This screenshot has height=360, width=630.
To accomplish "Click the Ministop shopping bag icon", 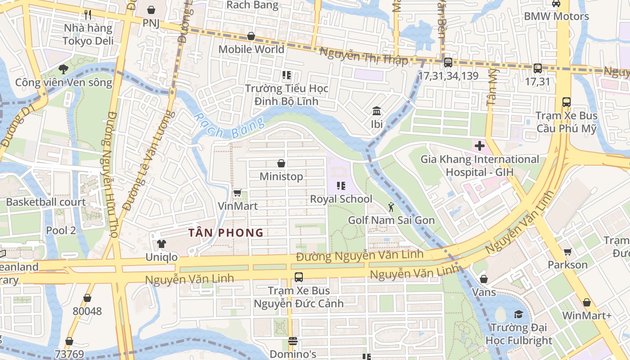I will [281, 163].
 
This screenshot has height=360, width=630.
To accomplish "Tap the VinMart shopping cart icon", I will [237, 193].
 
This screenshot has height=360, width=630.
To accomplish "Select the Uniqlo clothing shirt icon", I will [161, 244].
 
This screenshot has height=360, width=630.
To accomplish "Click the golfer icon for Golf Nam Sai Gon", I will [391, 207].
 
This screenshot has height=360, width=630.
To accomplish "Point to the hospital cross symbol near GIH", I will [479, 146].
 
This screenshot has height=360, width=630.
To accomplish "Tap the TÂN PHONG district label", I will [226, 233].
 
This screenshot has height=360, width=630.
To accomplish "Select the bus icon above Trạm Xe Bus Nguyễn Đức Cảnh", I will [298, 277].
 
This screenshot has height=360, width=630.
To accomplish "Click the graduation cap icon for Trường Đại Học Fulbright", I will [519, 314].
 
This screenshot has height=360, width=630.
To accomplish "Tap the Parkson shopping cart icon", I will [567, 252].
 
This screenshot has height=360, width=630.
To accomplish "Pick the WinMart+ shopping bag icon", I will [586, 302].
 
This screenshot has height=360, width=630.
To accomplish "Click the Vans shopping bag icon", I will [484, 279].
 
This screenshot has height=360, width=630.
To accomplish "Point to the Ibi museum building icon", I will [376, 111].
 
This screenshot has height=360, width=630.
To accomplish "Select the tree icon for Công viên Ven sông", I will [63, 69].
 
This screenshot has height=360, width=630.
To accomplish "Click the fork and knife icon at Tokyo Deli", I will [88, 15].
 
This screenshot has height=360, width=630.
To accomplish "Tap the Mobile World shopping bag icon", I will [251, 36].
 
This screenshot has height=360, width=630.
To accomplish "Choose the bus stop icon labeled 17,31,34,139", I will [448, 63].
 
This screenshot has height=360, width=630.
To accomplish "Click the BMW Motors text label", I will [556, 17].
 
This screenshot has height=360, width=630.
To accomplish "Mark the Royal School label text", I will [341, 199].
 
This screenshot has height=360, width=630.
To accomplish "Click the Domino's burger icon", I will [293, 341].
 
